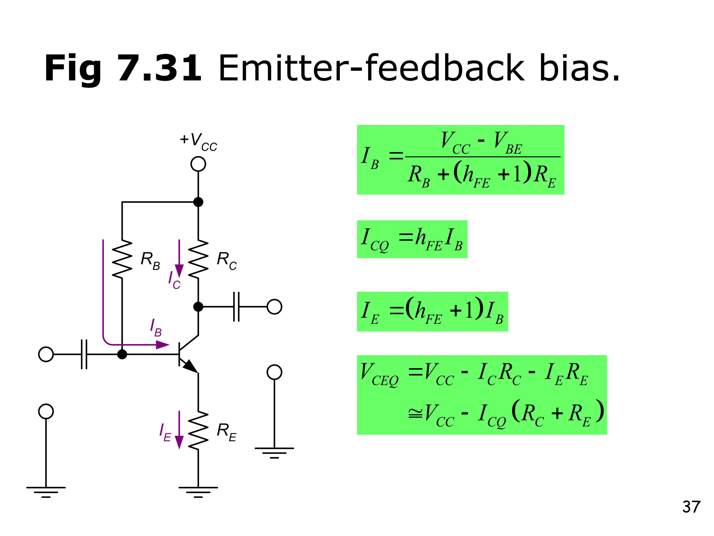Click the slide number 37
(691, 507)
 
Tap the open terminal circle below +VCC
(198, 164)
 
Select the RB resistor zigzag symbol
(122, 259)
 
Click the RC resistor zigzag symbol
(198, 259)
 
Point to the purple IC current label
(174, 280)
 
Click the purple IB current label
(155, 328)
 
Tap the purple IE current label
(165, 432)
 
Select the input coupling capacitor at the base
(84, 354)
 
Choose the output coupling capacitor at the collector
(236, 307)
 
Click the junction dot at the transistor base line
(122, 354)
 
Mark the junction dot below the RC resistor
(198, 307)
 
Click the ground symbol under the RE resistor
(198, 491)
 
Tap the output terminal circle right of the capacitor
(274, 307)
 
